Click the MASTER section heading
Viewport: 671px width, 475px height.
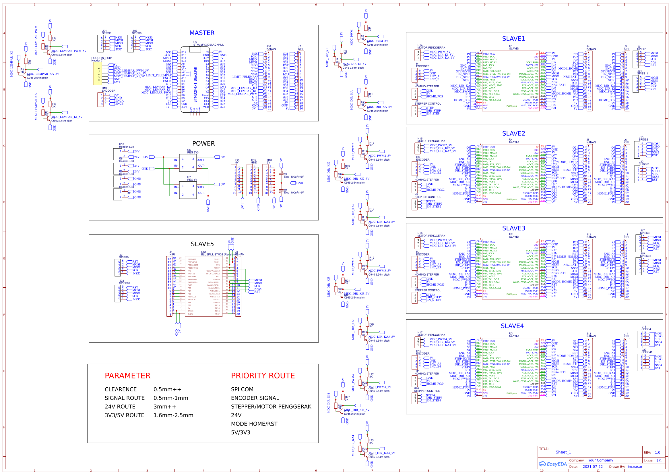[202, 33]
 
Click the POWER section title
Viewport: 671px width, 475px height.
[203, 143]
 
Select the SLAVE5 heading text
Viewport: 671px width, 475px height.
[202, 244]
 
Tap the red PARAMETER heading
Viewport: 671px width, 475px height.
[127, 376]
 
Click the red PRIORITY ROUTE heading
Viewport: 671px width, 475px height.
[263, 376]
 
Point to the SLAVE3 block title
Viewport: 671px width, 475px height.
[513, 228]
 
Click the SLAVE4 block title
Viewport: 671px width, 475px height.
[512, 326]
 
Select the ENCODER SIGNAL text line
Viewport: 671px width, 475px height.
[255, 398]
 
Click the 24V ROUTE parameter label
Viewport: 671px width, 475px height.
[120, 407]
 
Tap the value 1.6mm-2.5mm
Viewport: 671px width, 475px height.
[173, 415]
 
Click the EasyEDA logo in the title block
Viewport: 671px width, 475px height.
[552, 464]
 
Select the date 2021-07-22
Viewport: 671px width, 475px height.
[592, 467]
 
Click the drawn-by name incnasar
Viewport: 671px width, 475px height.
[635, 467]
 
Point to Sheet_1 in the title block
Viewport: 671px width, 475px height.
[563, 452]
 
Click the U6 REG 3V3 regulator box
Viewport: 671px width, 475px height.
[188, 163]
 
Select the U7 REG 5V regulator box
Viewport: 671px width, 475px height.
[188, 191]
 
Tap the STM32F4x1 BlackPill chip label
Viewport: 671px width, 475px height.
[195, 85]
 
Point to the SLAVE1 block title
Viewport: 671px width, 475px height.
[513, 39]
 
